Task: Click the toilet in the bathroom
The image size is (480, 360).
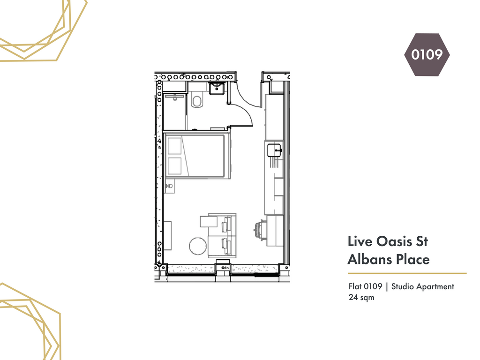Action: (x=197, y=100)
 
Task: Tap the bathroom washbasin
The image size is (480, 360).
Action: (x=217, y=89)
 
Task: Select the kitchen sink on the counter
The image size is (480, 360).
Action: (x=274, y=150)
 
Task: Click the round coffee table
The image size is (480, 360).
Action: (x=198, y=246)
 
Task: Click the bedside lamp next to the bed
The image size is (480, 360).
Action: (x=169, y=186)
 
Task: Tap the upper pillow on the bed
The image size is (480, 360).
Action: (x=174, y=146)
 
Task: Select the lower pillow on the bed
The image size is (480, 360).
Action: (x=174, y=166)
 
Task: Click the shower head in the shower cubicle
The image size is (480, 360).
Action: (x=175, y=98)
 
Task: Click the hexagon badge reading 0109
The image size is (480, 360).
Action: (x=427, y=55)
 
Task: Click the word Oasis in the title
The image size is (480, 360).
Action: (x=394, y=241)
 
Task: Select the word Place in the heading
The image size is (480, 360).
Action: (x=413, y=260)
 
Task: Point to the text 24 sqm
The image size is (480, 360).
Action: (x=361, y=297)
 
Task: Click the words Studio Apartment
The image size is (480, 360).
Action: (x=423, y=287)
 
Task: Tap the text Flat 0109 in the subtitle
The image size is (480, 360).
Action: (x=365, y=286)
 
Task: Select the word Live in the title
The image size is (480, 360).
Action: (x=360, y=241)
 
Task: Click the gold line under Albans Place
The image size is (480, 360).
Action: (x=407, y=273)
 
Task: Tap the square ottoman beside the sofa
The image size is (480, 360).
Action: (x=209, y=221)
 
